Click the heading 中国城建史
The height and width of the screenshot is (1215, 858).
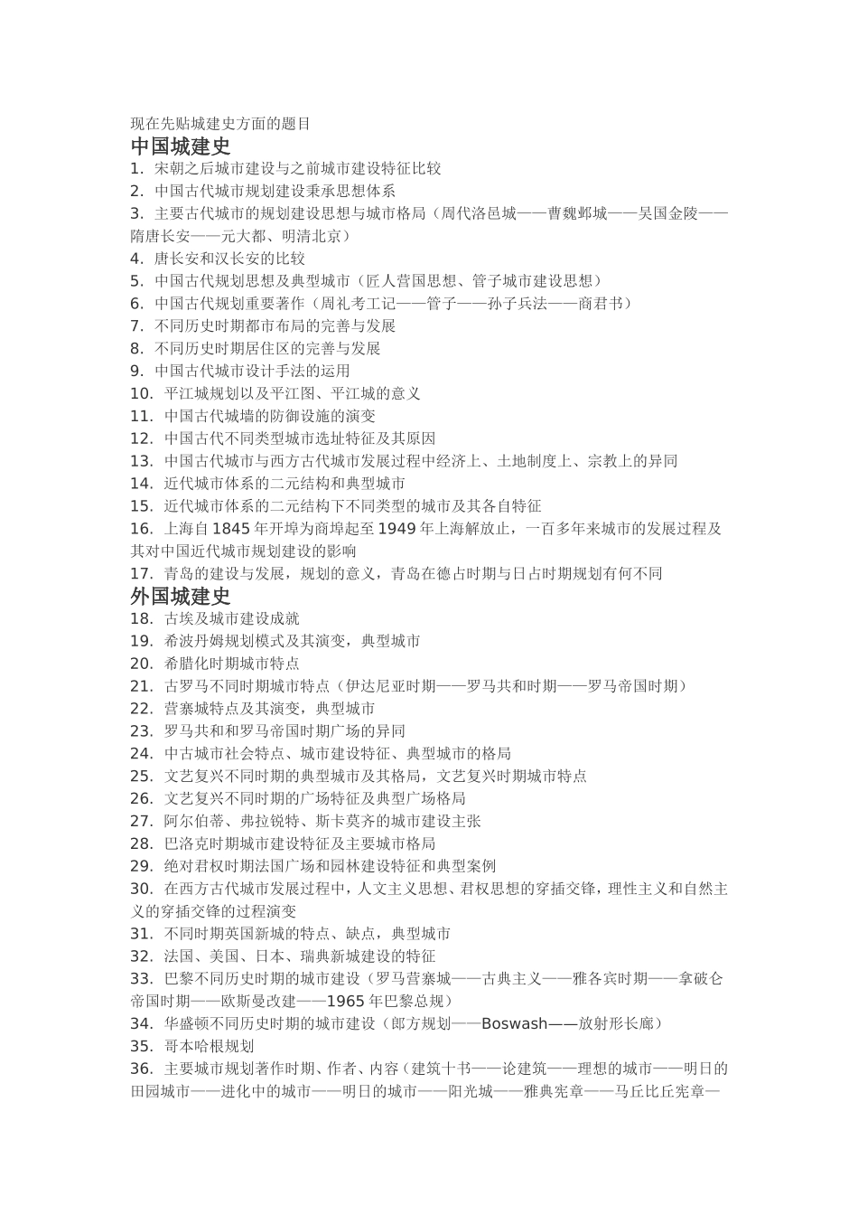[x=181, y=146]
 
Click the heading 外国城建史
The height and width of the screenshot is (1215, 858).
[x=181, y=596]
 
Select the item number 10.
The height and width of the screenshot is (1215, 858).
[x=142, y=393]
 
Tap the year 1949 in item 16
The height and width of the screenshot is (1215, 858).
[x=397, y=528]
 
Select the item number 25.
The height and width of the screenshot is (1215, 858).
[x=142, y=776]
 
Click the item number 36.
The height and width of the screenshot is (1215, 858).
[x=142, y=1069]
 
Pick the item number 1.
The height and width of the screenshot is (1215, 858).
[x=137, y=168]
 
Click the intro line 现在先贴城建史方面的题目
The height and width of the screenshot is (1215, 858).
[x=220, y=124]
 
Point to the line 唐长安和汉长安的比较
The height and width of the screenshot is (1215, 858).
[x=229, y=258]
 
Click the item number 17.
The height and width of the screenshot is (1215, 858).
[x=142, y=573]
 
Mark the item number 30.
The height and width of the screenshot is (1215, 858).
[x=142, y=888]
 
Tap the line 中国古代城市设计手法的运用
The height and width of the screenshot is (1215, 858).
[x=252, y=371]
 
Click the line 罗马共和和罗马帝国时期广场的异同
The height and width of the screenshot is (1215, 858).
[x=284, y=730]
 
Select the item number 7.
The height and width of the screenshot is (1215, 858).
[x=137, y=325]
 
